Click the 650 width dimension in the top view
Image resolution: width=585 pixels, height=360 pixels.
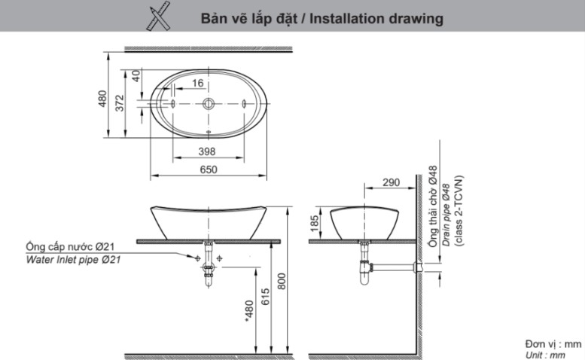[x=209, y=170]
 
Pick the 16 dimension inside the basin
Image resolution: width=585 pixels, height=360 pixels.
[x=197, y=84]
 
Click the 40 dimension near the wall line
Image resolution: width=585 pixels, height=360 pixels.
[x=136, y=75]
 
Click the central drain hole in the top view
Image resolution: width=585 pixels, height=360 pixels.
[x=209, y=105]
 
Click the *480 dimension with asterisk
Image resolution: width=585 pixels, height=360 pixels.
[x=248, y=310]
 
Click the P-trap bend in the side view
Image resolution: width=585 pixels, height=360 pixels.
[x=366, y=278]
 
